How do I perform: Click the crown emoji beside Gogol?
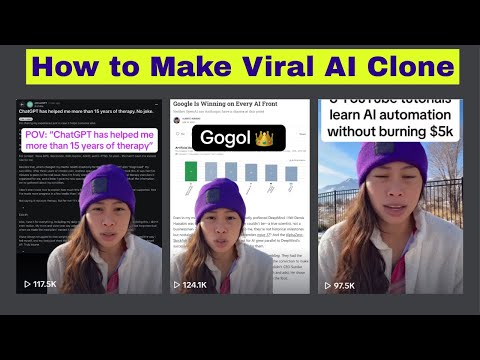click(265, 137)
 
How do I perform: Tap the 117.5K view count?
click(45, 284)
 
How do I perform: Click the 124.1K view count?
click(194, 284)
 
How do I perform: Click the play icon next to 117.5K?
click(27, 284)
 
